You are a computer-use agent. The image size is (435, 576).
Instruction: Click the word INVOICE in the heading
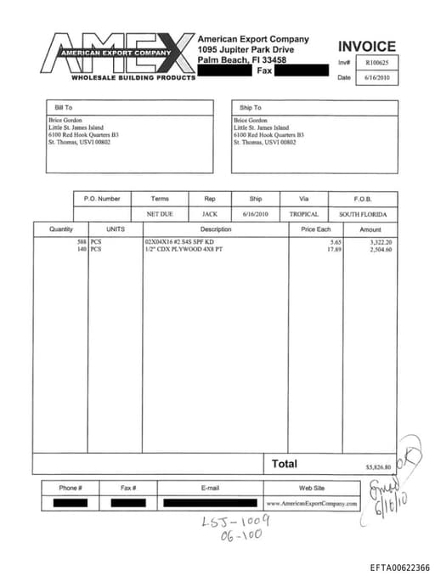[x=366, y=46]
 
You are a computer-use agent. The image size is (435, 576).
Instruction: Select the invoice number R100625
[x=376, y=62]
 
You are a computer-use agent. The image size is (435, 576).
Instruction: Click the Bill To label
[x=64, y=108]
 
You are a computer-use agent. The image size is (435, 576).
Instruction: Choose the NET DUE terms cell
[x=160, y=214]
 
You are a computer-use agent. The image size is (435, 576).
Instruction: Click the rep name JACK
[x=210, y=214]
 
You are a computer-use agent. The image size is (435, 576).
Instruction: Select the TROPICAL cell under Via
[x=303, y=214]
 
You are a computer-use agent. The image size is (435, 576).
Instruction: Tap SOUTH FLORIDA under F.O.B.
[x=363, y=214]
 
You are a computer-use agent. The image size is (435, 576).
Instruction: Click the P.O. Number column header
[x=102, y=199]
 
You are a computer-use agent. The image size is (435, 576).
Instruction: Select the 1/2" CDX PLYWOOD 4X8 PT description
[x=184, y=250]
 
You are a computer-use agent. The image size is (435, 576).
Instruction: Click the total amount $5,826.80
[x=377, y=467]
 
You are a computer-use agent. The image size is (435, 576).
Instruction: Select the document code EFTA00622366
[x=399, y=568]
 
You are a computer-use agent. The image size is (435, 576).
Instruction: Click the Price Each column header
[x=316, y=229]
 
